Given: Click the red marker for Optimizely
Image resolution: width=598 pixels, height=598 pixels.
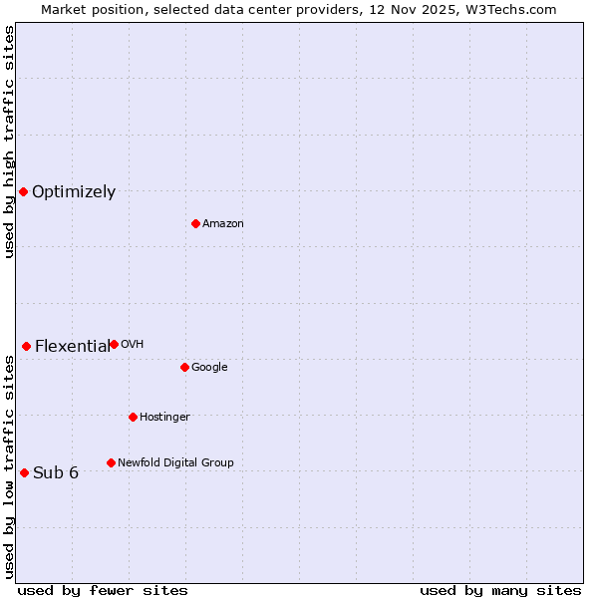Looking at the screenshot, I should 23,191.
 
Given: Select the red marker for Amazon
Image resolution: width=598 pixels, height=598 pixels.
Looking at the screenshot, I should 195,223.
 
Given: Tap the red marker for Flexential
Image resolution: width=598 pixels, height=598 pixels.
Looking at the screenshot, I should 26,346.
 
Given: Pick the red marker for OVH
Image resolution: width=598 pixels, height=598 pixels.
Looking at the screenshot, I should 114,344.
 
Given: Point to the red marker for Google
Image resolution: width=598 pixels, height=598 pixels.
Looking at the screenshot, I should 184,367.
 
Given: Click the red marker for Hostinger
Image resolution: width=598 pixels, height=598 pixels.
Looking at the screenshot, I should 133,417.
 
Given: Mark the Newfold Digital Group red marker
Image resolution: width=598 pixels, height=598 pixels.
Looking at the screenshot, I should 111,462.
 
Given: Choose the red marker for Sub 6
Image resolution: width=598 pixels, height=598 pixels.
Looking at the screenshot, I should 24,472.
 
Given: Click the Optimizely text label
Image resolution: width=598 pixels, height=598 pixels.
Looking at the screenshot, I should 74,192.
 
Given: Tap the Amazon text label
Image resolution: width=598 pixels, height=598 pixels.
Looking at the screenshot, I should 222,224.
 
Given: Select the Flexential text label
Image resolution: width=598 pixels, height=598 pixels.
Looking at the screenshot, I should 72,347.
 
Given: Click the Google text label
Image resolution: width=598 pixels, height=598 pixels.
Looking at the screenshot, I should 209,368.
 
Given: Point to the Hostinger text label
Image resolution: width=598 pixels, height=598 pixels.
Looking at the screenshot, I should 164,418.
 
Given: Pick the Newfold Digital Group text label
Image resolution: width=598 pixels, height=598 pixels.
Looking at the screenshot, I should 175,463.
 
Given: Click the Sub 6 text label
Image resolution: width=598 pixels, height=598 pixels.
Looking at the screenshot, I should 56,473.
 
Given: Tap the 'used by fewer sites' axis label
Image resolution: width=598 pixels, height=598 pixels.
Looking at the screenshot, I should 103,591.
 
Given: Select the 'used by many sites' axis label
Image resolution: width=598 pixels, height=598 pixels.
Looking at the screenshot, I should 500,591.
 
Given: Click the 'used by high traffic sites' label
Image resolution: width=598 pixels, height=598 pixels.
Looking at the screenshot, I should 9,142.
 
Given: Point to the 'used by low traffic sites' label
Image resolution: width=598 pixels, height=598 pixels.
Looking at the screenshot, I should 9,466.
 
